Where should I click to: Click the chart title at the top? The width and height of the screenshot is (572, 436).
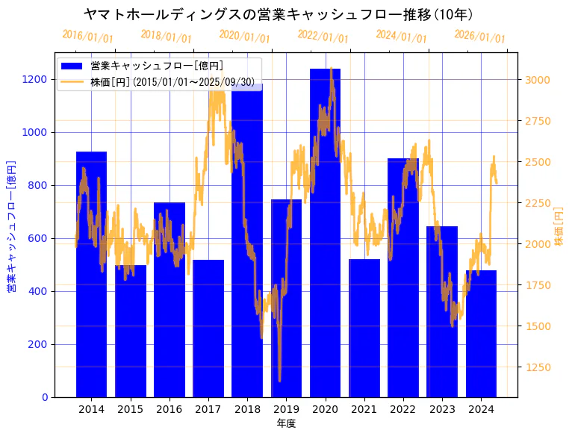pyautogui.click(x=278, y=14)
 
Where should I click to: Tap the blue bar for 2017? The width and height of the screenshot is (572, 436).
pyautogui.click(x=208, y=328)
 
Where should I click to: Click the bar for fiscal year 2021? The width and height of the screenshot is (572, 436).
pyautogui.click(x=364, y=328)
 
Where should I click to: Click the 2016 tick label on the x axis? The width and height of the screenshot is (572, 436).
pyautogui.click(x=170, y=409)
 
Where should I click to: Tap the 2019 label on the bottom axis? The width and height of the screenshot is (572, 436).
pyautogui.click(x=286, y=409)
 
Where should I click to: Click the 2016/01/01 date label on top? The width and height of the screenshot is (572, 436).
pyautogui.click(x=87, y=36)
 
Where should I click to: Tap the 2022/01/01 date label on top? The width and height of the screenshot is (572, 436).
pyautogui.click(x=323, y=36)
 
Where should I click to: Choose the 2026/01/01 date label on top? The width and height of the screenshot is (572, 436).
pyautogui.click(x=479, y=36)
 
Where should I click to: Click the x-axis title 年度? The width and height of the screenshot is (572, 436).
pyautogui.click(x=286, y=424)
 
